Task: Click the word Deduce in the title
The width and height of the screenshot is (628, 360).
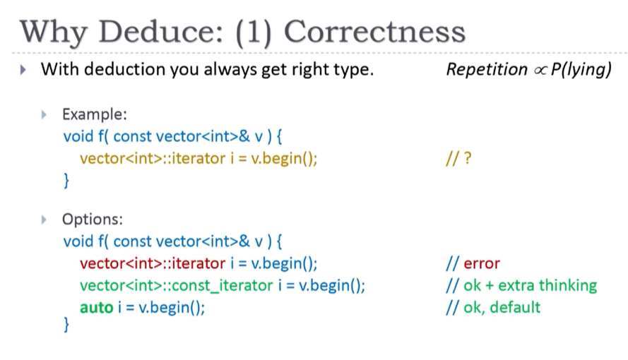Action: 161,32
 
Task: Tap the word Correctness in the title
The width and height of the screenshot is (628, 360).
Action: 374,32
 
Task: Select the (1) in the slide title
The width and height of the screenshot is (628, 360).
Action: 254,32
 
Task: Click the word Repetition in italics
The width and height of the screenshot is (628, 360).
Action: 487,69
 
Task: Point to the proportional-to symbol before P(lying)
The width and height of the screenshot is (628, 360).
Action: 540,71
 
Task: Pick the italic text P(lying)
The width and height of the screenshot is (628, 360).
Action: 581,70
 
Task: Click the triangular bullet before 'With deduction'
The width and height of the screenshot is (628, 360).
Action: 23,70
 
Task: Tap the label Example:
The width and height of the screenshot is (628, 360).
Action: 95,114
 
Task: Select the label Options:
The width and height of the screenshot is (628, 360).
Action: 93,220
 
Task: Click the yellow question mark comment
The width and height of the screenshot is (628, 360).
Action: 458,158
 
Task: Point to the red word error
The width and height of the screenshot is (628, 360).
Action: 482,263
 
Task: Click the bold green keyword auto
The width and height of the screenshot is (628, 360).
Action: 97,308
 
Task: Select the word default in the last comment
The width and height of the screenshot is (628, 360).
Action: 515,307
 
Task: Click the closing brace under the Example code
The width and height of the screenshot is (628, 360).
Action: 66,181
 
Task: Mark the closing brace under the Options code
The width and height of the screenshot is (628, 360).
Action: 66,325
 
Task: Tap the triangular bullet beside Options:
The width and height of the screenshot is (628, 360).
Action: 44,220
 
